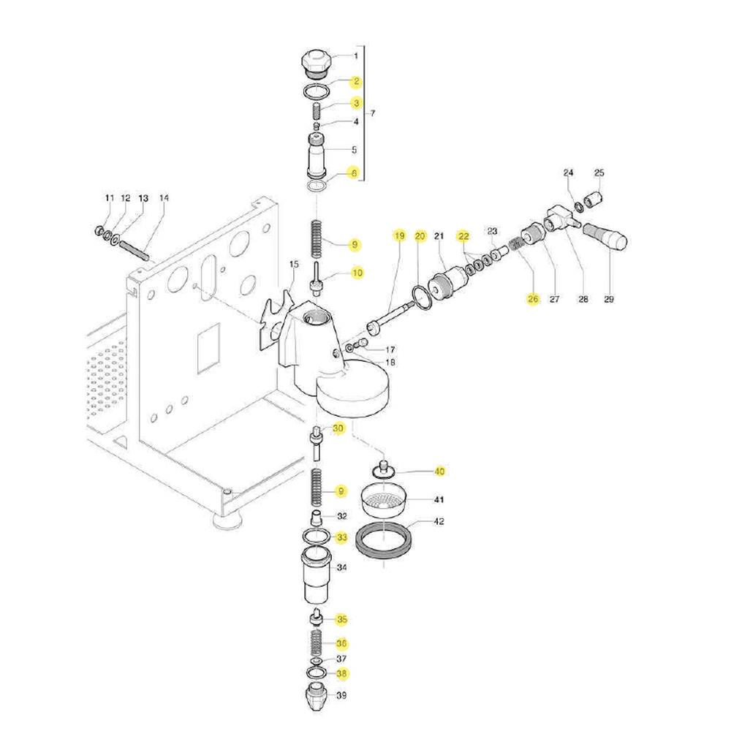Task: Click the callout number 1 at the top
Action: pos(356,56)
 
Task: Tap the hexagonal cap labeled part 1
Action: pos(315,63)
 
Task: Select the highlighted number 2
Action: pos(356,81)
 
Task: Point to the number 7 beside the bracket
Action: pos(373,113)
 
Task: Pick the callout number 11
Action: pos(110,198)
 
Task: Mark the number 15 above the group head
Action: pos(294,263)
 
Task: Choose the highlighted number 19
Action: pos(399,236)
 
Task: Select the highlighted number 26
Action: pos(532,298)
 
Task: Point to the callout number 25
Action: pos(599,173)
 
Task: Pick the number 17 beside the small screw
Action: pos(390,349)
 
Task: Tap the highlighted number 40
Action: pos(439,471)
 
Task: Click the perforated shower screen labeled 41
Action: pos(386,501)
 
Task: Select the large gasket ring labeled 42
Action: pos(385,542)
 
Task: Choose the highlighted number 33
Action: pos(341,537)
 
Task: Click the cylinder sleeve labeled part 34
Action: pos(317,576)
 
